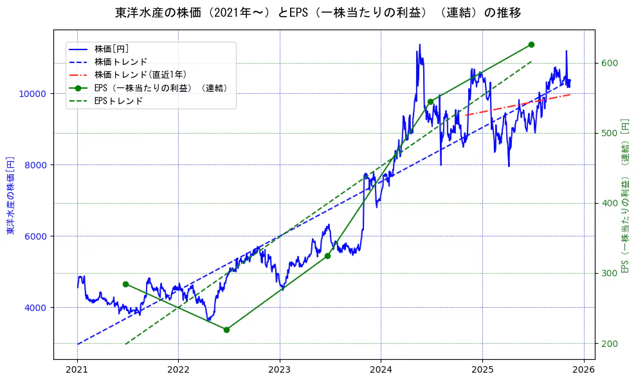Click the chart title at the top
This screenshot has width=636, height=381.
(318, 12)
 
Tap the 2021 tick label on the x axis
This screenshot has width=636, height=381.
(77, 369)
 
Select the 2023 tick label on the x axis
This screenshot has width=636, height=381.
(280, 369)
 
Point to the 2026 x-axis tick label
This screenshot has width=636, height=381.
(583, 369)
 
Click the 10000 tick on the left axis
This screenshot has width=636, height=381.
(32, 94)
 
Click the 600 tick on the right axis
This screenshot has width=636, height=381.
(609, 63)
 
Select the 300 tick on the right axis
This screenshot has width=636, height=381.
(609, 274)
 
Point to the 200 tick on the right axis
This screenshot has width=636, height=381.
(609, 344)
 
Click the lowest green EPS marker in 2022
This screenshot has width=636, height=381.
(226, 330)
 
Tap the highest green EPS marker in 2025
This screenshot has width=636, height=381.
(531, 44)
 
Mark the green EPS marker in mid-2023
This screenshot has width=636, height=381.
(327, 256)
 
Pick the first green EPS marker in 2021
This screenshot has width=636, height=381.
(125, 284)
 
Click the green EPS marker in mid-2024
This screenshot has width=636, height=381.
(430, 102)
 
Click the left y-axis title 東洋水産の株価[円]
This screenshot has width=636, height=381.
(10, 195)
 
